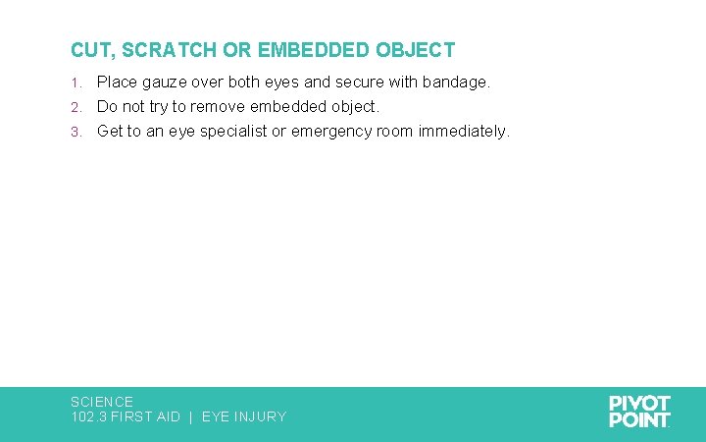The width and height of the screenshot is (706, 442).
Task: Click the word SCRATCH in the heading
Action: pos(160,50)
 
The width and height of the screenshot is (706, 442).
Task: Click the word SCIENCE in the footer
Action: pos(102,402)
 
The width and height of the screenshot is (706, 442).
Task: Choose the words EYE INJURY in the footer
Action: pos(244,416)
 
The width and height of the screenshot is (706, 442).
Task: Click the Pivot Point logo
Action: pos(639,412)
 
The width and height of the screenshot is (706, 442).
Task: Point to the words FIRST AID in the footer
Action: pos(146,416)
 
